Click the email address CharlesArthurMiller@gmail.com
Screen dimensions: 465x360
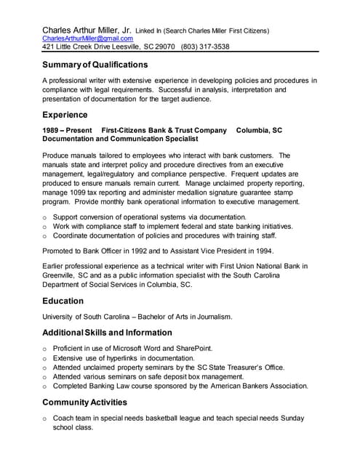tap(87, 38)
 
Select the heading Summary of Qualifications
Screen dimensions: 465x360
tap(95, 65)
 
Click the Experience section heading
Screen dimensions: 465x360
tap(65, 115)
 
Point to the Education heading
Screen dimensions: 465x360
tap(63, 301)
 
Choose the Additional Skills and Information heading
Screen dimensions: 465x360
tap(107, 333)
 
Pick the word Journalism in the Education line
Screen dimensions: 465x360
tap(211, 317)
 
